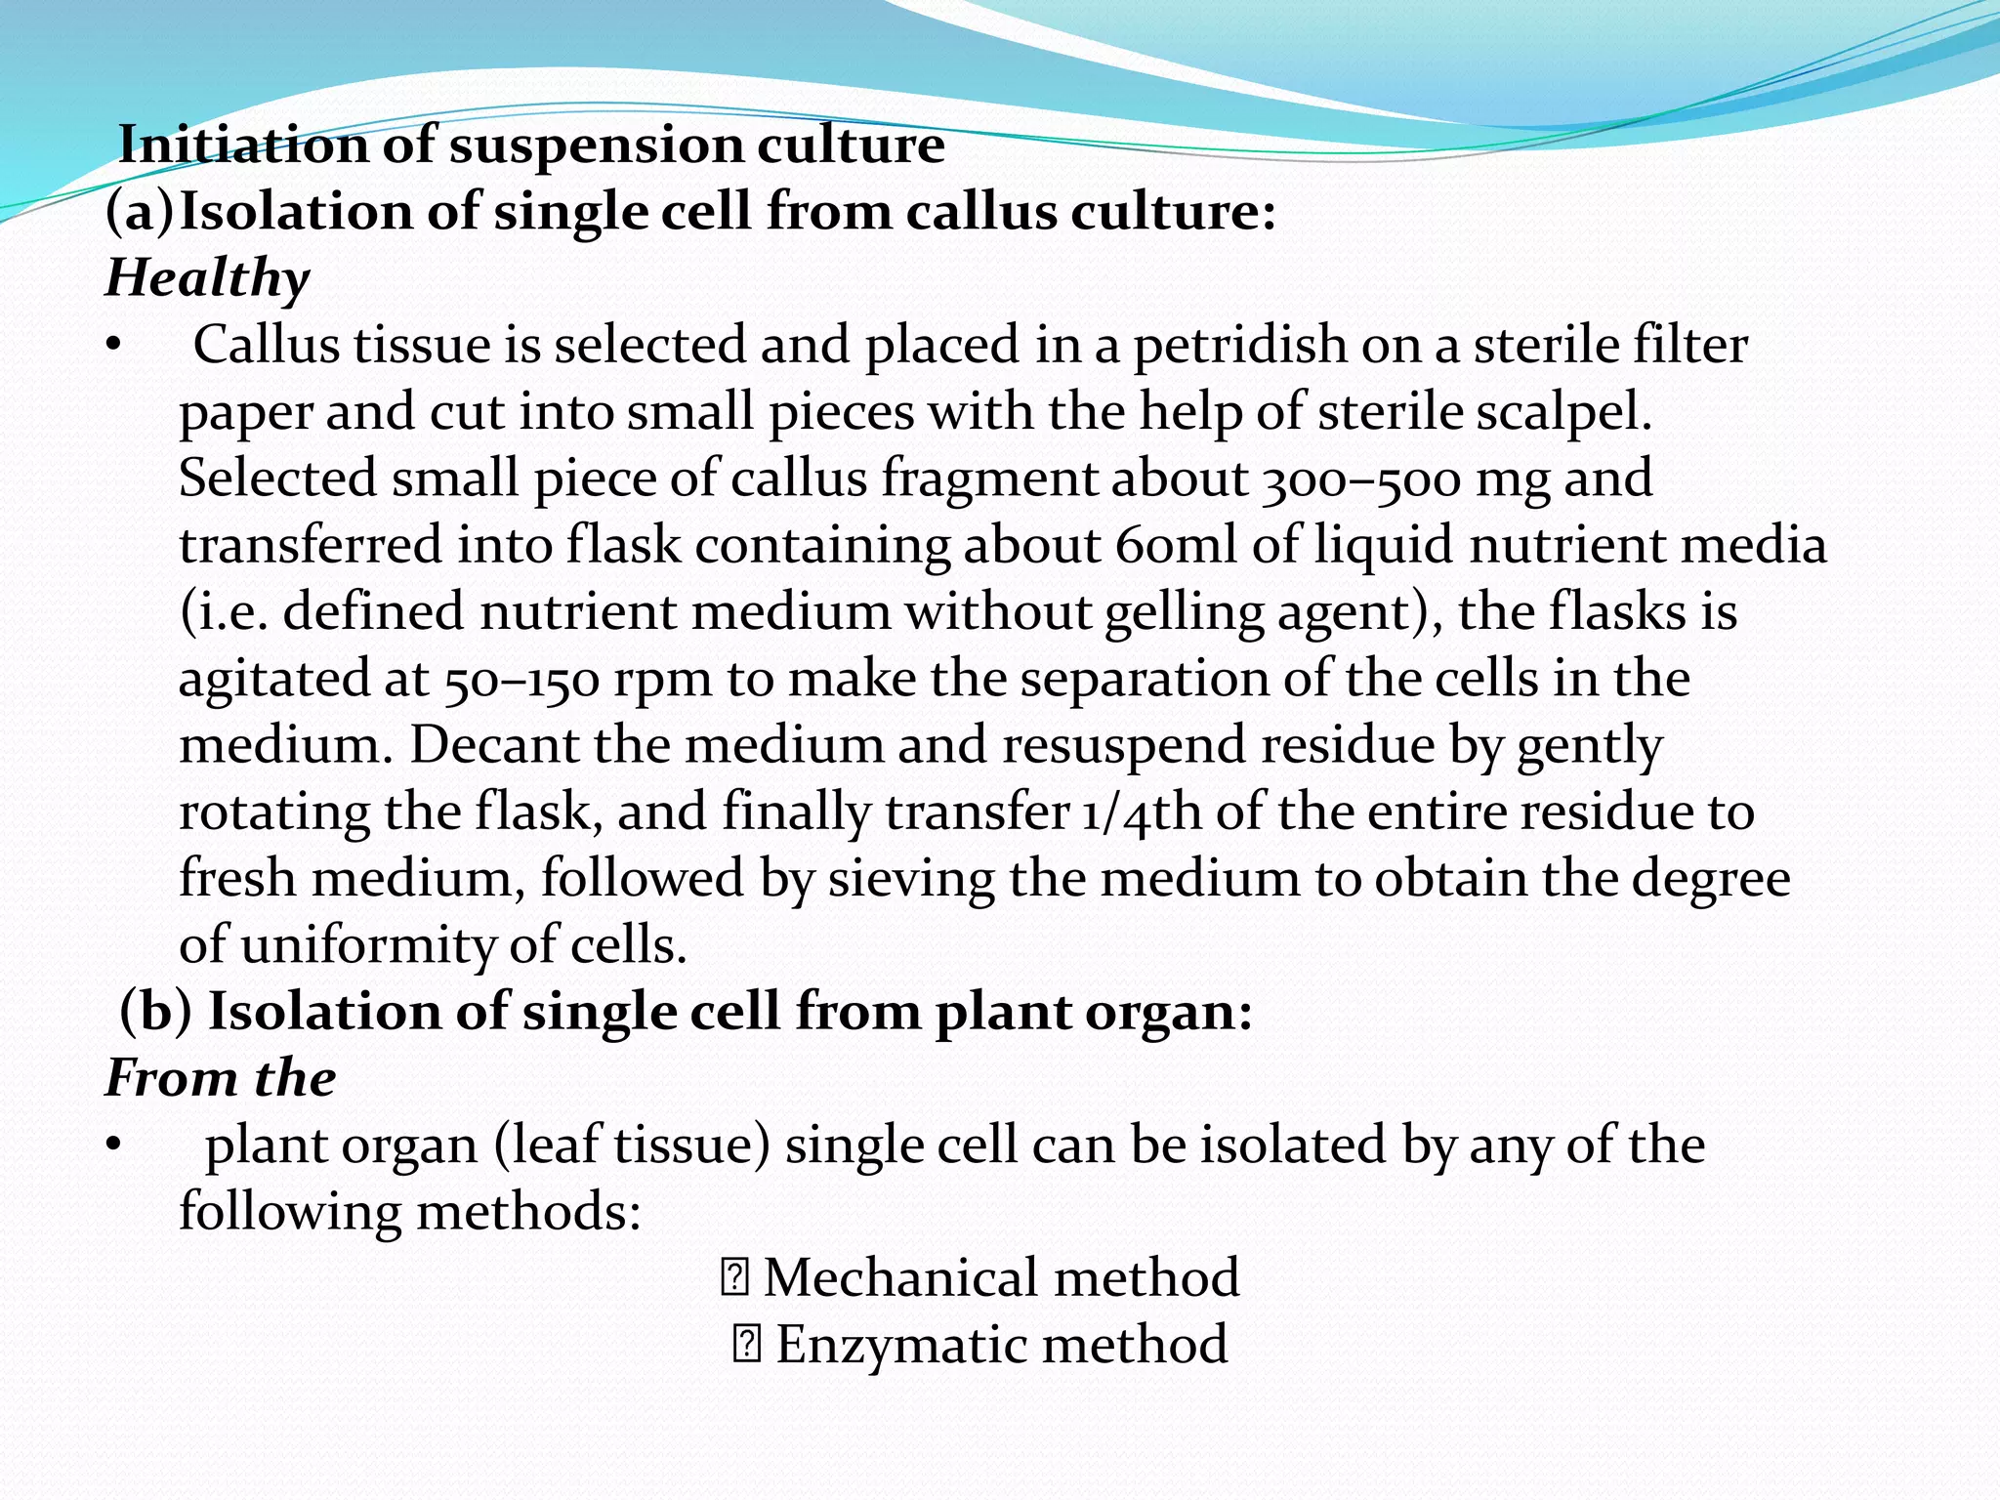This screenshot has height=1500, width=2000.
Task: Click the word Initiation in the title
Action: point(242,146)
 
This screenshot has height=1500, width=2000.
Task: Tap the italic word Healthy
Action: point(207,278)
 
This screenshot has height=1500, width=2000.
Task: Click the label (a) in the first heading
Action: point(140,212)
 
